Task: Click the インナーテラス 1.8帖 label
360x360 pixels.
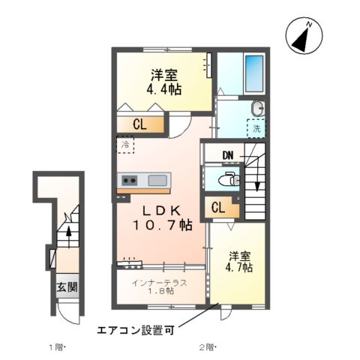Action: click(x=158, y=286)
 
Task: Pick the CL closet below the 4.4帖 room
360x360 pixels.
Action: click(x=140, y=125)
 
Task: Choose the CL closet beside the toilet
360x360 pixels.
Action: click(x=220, y=208)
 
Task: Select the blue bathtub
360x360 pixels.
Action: click(x=255, y=73)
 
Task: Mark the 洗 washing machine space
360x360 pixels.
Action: click(x=256, y=129)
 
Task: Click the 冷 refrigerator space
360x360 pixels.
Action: click(x=124, y=144)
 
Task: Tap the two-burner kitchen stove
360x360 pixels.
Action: click(x=129, y=180)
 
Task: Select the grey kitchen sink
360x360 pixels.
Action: click(x=158, y=180)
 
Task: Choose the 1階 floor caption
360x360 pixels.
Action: click(x=58, y=347)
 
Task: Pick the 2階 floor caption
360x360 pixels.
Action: click(x=208, y=347)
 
